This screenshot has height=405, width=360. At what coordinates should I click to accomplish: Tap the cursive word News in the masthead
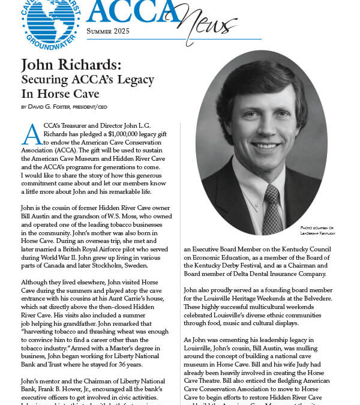pyautogui.click(x=207, y=24)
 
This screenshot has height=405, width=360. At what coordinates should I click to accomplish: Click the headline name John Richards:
pyautogui.click(x=73, y=65)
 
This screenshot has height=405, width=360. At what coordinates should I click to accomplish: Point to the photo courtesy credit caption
pyautogui.click(x=326, y=230)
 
